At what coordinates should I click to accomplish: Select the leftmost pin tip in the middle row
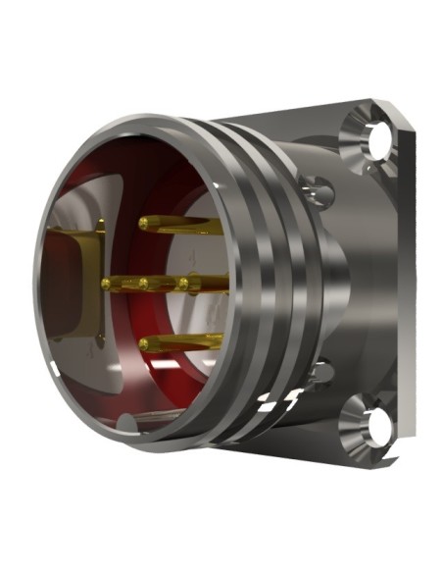tap(107, 283)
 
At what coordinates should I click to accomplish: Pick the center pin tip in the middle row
tap(143, 284)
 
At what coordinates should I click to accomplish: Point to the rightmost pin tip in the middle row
tap(183, 284)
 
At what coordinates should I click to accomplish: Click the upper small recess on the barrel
tap(316, 183)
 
